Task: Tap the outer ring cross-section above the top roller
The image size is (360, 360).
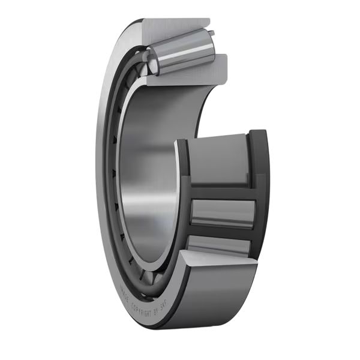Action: [174, 27]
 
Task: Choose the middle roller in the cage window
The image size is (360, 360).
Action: [223, 213]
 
